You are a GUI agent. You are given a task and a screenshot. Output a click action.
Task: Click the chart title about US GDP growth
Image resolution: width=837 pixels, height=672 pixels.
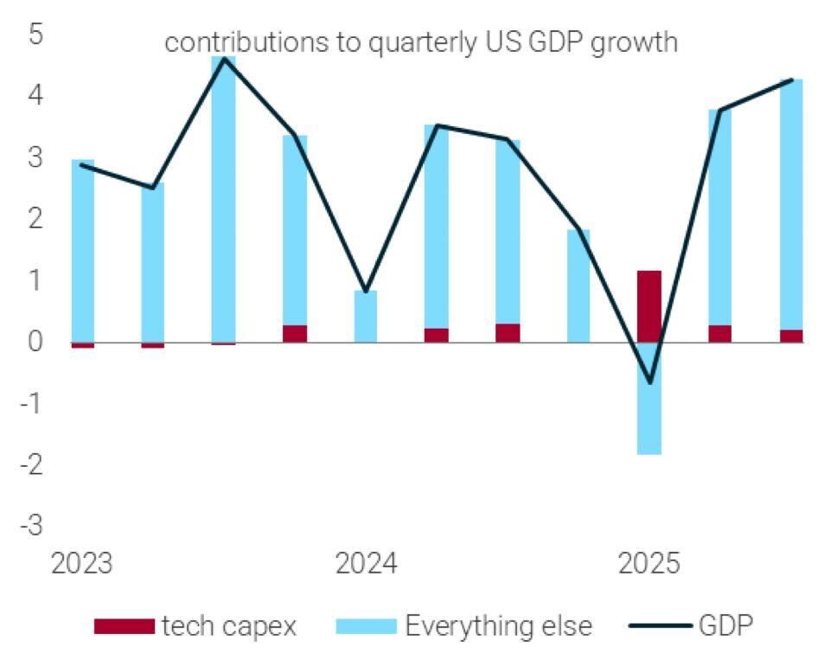(420, 42)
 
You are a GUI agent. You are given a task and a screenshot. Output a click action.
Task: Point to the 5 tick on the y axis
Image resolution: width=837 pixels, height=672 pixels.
(36, 36)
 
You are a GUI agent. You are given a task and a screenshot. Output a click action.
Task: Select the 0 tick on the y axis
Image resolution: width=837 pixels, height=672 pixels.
(36, 342)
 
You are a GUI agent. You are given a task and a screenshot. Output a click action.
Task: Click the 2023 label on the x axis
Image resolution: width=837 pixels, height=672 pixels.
(81, 564)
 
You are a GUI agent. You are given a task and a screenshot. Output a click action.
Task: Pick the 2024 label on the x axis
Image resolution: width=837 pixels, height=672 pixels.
(366, 564)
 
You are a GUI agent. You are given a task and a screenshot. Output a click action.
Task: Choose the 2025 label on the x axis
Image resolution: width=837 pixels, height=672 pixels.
(649, 564)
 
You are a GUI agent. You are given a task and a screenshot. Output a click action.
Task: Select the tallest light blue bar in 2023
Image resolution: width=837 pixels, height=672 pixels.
(223, 199)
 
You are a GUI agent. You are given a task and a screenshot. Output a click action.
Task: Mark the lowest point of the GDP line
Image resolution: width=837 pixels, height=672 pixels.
(649, 382)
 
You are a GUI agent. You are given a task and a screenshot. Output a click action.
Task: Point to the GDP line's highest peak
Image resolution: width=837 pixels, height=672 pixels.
(224, 58)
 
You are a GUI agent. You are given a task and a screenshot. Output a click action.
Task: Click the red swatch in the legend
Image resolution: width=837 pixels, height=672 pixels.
(124, 625)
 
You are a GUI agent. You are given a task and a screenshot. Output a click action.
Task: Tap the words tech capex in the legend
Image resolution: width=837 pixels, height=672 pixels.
(228, 625)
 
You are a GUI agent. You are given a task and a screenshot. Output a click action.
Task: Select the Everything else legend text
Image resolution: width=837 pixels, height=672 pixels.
(499, 625)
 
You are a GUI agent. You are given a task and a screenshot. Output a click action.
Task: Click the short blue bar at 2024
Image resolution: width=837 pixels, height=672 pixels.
(366, 317)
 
